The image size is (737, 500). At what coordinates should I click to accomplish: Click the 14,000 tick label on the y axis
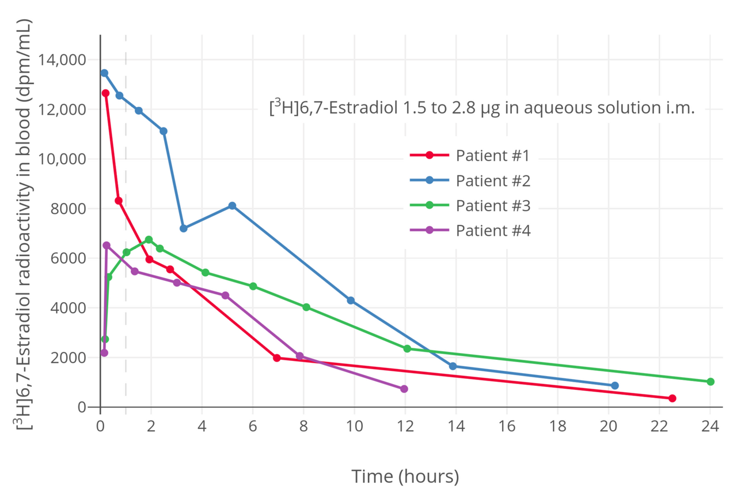(61, 60)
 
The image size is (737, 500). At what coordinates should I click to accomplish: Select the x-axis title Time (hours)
(405, 477)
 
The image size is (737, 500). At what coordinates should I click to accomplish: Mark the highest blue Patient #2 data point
(104, 73)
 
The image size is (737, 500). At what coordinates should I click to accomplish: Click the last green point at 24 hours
(710, 382)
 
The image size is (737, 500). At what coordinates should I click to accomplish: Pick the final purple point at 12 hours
(404, 389)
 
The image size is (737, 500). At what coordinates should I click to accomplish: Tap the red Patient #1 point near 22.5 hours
(672, 399)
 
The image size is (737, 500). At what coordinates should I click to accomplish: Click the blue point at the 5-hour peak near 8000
(232, 206)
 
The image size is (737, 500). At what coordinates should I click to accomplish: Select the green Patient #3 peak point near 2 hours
(149, 240)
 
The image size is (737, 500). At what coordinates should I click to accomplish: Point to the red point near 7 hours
(276, 358)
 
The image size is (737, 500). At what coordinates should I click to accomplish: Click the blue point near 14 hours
(453, 366)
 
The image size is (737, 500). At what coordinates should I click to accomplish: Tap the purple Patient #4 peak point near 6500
(107, 246)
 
